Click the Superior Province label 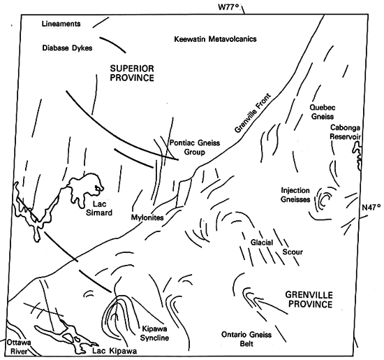coord(132,73)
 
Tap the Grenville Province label coord(309,299)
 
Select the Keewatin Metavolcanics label coord(215,39)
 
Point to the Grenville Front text coord(253,113)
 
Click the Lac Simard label coord(99,208)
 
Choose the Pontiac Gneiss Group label coord(195,147)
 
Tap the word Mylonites coord(147,217)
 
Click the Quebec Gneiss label coord(323,112)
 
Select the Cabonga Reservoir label coord(345,132)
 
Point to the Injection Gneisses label coord(295,195)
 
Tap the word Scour coord(293,252)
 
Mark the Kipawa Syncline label coord(154,333)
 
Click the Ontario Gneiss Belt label coord(246,339)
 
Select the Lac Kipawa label coord(115,351)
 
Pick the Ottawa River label coord(19,347)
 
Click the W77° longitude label coord(228,7)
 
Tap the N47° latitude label coord(371,208)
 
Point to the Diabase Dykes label coord(67,48)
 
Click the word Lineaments coord(61,24)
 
